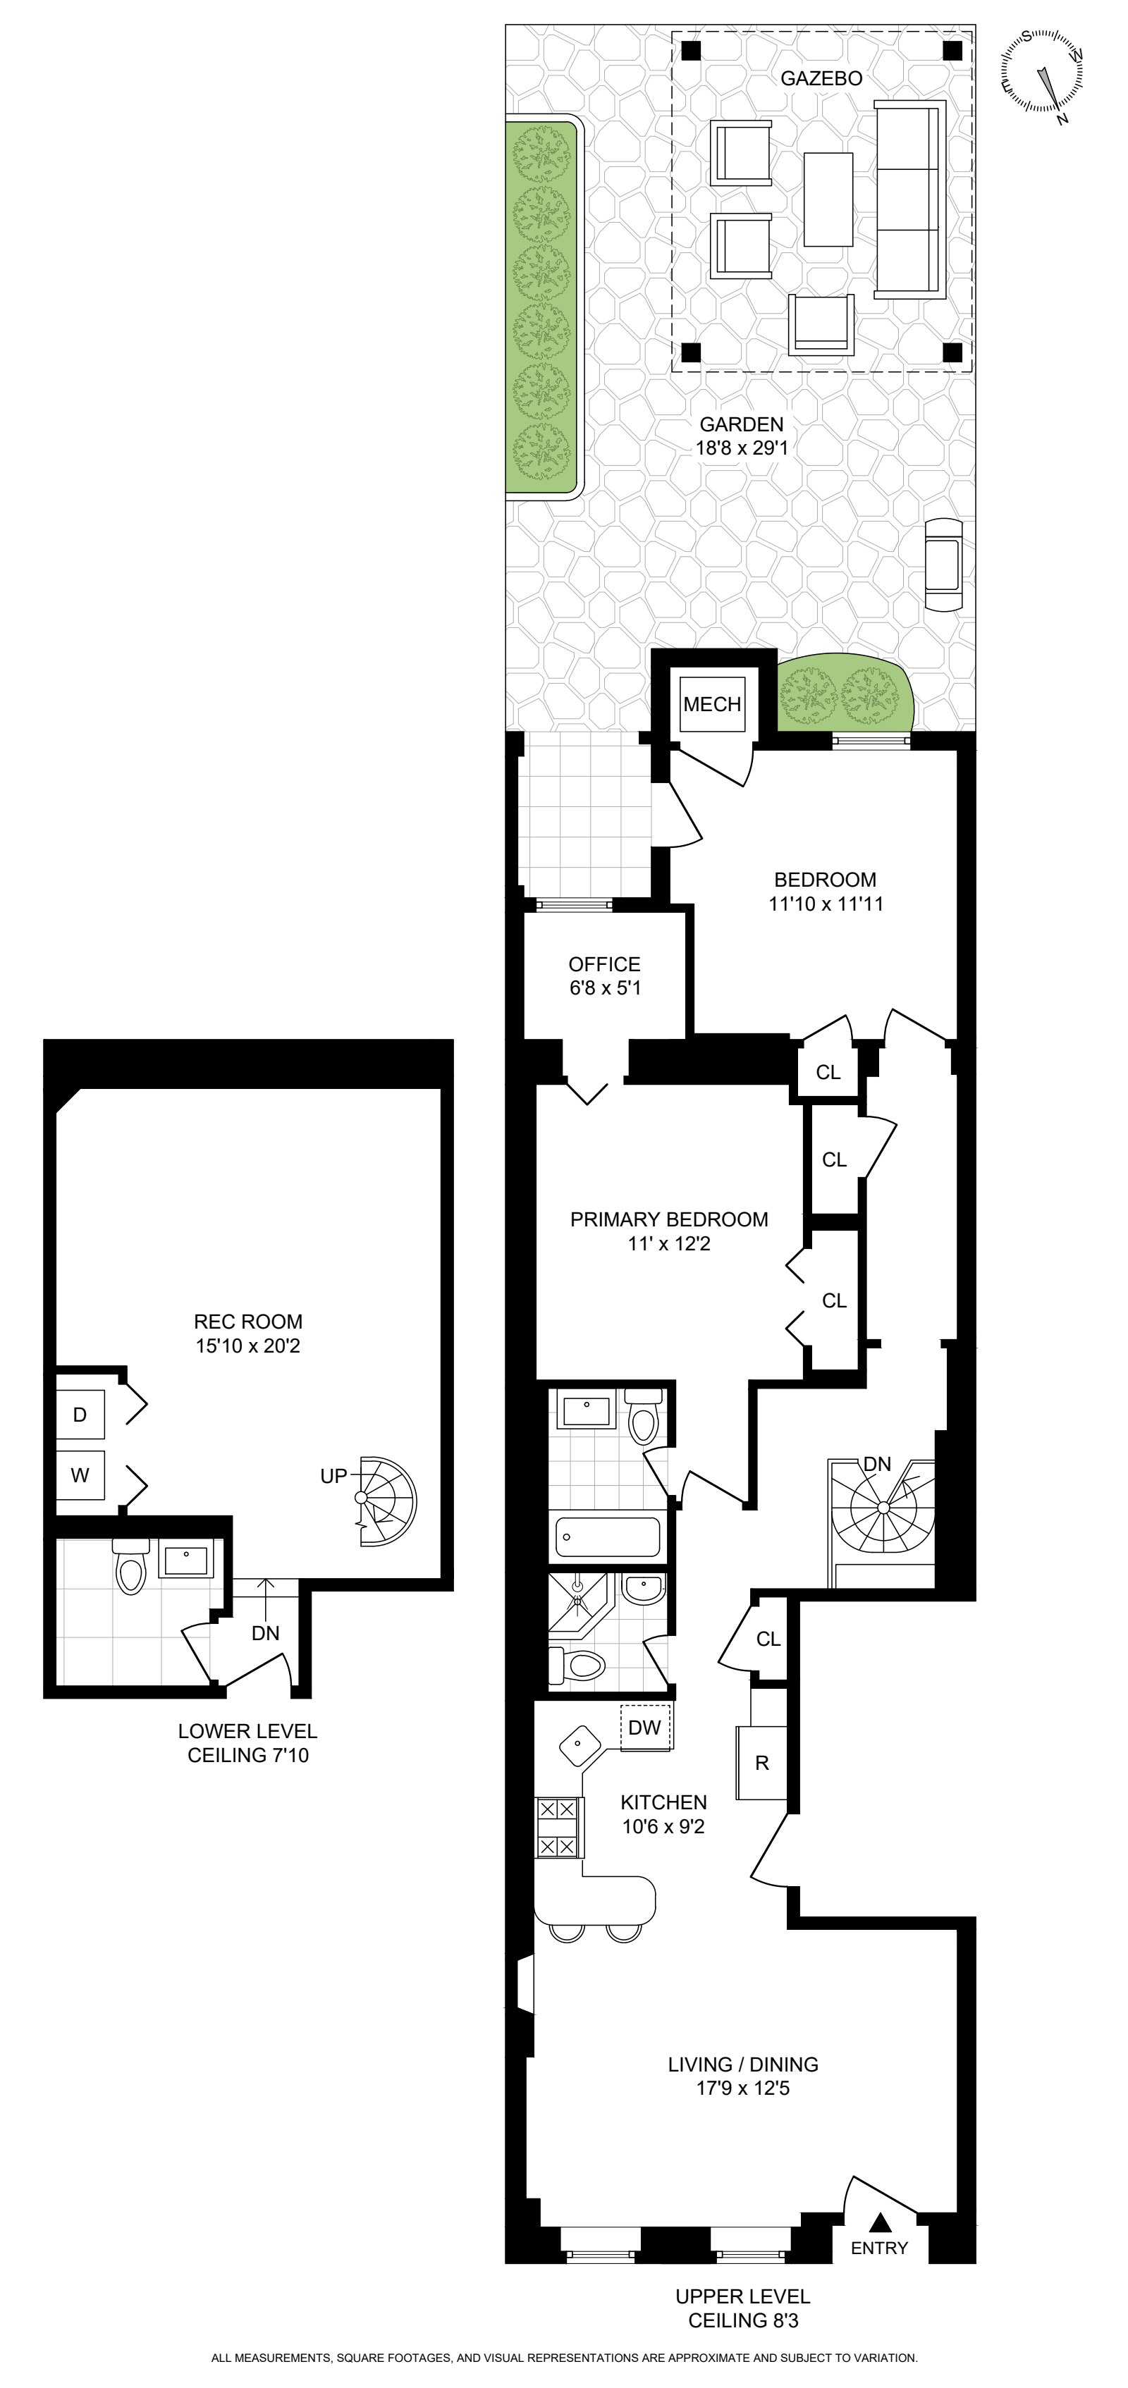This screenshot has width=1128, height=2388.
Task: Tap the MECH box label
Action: point(712,705)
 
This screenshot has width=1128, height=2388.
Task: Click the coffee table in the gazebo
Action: point(828,199)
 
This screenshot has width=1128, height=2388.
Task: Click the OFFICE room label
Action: point(604,964)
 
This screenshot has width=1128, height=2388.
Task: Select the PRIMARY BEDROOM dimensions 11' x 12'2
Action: point(668,1243)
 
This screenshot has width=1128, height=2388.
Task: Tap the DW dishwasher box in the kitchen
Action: point(645,1727)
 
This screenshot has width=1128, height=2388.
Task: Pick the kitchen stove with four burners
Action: point(560,1827)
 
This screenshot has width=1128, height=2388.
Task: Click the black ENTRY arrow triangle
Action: point(881,2222)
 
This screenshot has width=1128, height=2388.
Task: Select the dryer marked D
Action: point(80,1415)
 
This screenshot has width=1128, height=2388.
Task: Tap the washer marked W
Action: point(80,1475)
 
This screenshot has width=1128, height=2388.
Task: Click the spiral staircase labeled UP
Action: point(385,1500)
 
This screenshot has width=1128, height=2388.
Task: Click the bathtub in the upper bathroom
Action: point(607,1536)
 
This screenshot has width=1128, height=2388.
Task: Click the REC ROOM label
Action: point(247,1321)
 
